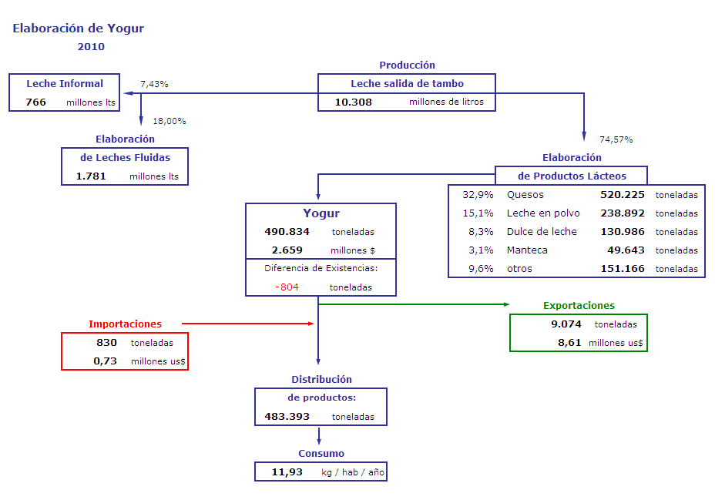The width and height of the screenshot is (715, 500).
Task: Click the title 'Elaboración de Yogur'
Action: click(78, 29)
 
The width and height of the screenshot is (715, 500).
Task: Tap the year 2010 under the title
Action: click(91, 46)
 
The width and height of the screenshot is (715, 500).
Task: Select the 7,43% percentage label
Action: click(154, 84)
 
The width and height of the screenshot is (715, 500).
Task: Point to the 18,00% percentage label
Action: click(170, 121)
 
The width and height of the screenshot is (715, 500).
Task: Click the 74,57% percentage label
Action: click(616, 139)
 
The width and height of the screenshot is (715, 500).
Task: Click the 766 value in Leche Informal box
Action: click(35, 102)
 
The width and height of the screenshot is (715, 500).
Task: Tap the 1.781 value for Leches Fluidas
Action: click(91, 176)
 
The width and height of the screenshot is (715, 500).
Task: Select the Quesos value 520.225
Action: click(623, 195)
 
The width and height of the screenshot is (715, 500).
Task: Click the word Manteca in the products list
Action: click(527, 250)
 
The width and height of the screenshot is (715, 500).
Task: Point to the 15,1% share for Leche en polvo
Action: click(478, 213)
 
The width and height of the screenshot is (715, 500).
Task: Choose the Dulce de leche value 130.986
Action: click(623, 232)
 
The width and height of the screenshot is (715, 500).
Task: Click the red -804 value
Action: click(287, 287)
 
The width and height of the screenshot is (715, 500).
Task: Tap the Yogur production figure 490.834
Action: click(287, 232)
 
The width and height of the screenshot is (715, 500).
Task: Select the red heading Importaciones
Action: click(125, 324)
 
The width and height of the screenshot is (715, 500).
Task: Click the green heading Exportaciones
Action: click(579, 305)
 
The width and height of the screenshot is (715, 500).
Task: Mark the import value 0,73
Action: click(106, 361)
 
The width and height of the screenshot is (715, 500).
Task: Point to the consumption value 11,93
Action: click(287, 471)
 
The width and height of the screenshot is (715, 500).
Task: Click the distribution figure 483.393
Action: click(287, 417)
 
